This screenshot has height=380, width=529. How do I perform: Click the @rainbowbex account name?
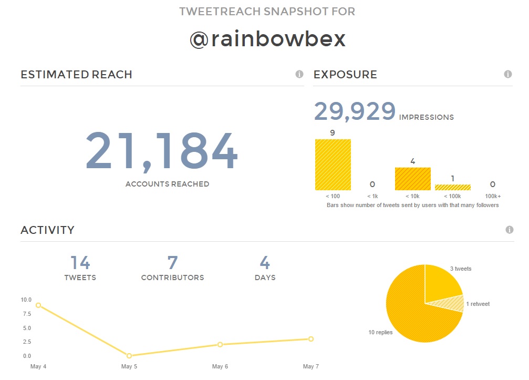267,39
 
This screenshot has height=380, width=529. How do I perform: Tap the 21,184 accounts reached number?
162,151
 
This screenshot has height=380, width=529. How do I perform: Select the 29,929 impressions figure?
355,111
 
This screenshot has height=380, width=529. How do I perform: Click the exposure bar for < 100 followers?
333,165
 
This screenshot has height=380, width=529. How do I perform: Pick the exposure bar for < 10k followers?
412,179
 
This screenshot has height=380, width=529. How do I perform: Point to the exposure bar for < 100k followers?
452,187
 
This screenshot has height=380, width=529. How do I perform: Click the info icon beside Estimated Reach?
299,74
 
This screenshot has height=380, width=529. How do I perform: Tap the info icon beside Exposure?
508,74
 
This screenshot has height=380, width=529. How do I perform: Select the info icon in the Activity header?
509,230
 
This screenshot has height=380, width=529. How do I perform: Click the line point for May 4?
38,305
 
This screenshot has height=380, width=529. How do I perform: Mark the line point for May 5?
129,356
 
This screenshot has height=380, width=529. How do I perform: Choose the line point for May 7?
311,339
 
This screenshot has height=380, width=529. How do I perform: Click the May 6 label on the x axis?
220,366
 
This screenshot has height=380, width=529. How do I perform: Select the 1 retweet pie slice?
454,304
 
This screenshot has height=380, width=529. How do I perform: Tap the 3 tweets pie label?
461,269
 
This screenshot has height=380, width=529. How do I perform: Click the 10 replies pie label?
380,332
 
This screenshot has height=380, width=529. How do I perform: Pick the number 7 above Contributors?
172,262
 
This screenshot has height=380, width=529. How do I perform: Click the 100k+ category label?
492,196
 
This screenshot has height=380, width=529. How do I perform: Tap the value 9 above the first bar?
333,132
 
